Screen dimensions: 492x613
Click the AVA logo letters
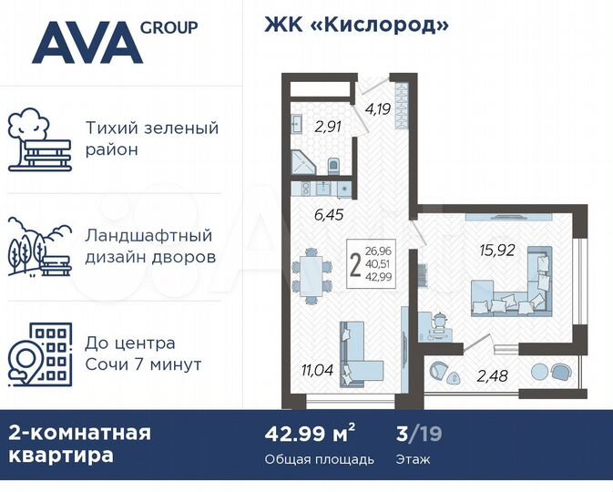[x=86, y=42]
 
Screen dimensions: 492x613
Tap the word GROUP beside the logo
[x=169, y=26]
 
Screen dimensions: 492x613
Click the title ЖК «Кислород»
[x=357, y=25]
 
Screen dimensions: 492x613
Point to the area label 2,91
[x=328, y=128]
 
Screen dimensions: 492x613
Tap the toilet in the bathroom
[x=332, y=166]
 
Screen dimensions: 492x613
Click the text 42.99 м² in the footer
[x=303, y=433]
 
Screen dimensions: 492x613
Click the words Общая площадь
[x=319, y=459]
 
